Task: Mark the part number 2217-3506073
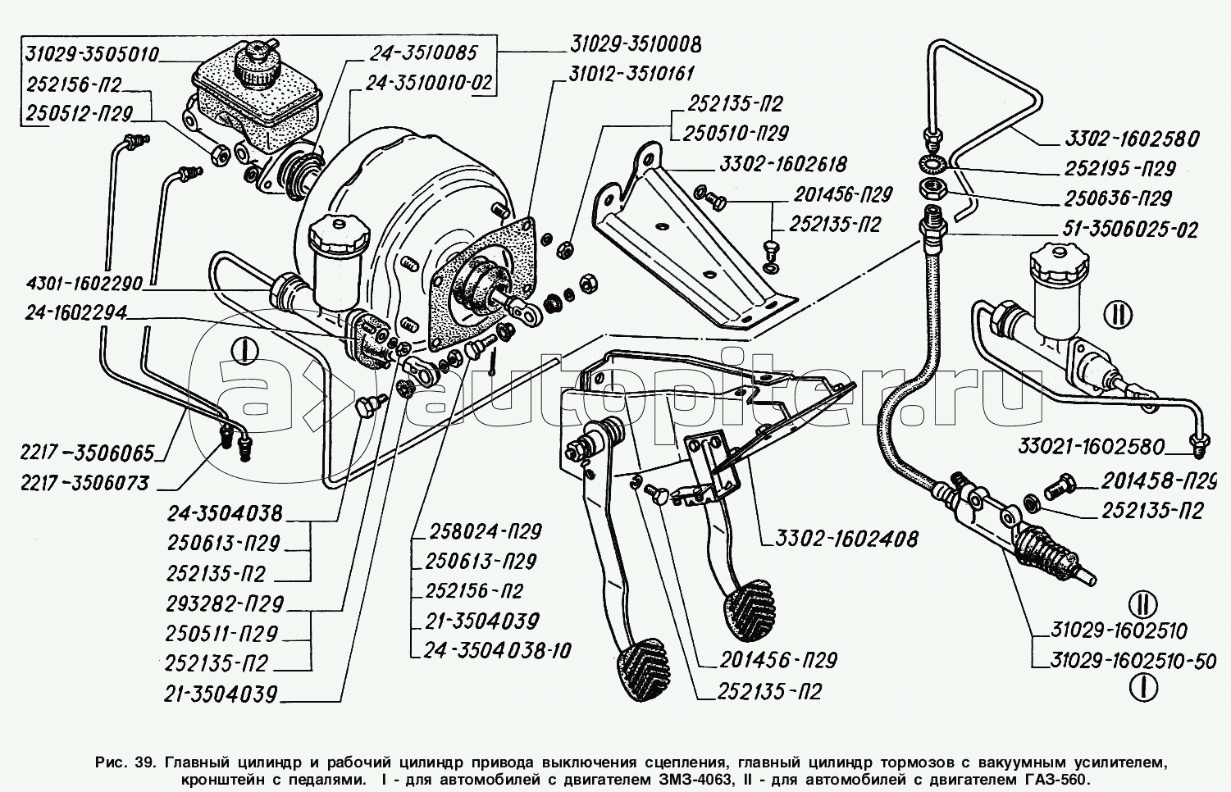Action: [87, 483]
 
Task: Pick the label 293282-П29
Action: [223, 604]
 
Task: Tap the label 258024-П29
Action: [486, 531]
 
